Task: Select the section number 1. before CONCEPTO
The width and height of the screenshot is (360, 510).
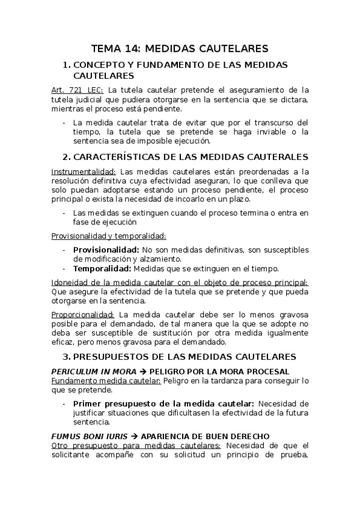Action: (67, 64)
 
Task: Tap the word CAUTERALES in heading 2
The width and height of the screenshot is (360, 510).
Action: (281, 157)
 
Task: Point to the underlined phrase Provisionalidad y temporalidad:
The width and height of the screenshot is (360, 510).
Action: (108, 236)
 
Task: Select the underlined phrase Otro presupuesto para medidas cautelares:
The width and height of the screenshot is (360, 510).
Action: (136, 445)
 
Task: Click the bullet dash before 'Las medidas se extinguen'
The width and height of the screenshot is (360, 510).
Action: (64, 213)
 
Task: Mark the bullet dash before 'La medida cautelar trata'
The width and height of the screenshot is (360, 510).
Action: (64, 123)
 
